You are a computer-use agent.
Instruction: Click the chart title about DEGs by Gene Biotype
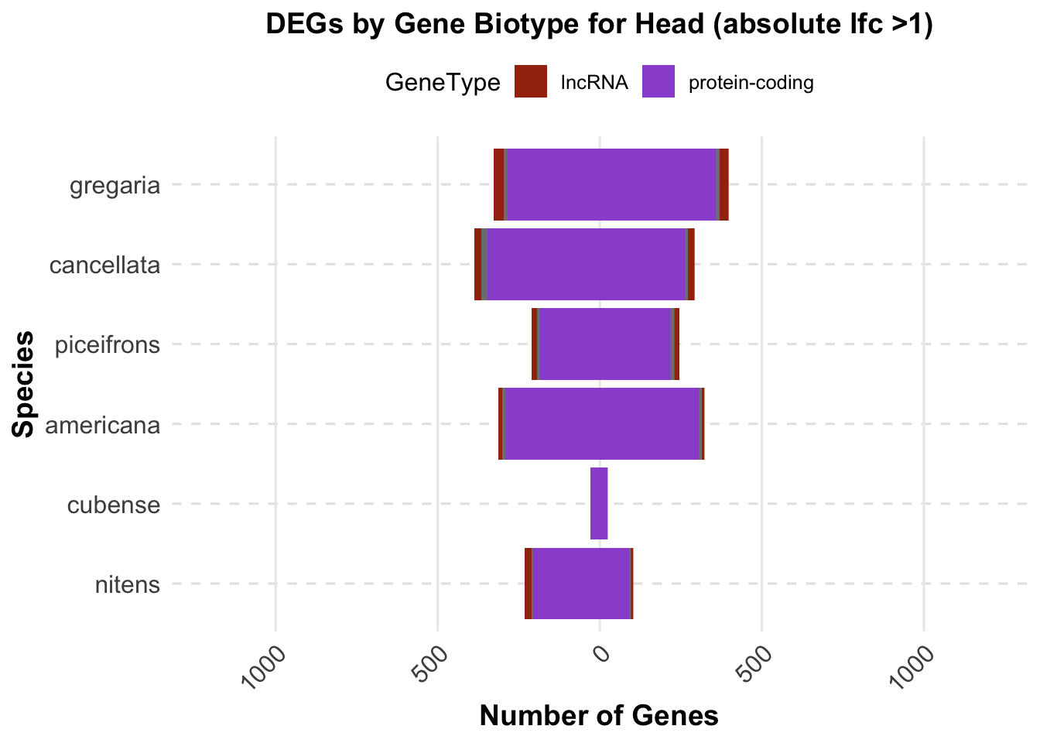click(600, 25)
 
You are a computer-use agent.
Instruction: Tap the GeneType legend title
click(443, 83)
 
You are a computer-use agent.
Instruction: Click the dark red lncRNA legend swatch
click(531, 82)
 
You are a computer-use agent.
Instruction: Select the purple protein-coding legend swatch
click(659, 82)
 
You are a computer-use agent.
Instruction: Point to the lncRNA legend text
click(594, 83)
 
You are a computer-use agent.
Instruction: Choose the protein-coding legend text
click(751, 83)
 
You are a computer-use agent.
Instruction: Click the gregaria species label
click(115, 186)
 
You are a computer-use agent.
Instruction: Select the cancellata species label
click(104, 265)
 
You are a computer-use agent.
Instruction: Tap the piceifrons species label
click(108, 344)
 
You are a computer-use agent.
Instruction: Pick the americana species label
click(103, 425)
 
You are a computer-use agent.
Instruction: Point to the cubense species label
click(114, 505)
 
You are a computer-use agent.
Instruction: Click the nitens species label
click(128, 584)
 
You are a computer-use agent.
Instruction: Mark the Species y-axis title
click(25, 384)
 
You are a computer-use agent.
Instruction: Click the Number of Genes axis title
click(599, 716)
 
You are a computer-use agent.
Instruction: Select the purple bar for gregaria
click(611, 184)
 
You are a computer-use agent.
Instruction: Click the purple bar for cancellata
click(586, 264)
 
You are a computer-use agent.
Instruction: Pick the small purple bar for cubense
click(599, 503)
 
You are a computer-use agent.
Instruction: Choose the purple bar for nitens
click(581, 583)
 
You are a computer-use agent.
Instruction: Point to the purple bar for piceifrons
click(604, 344)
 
